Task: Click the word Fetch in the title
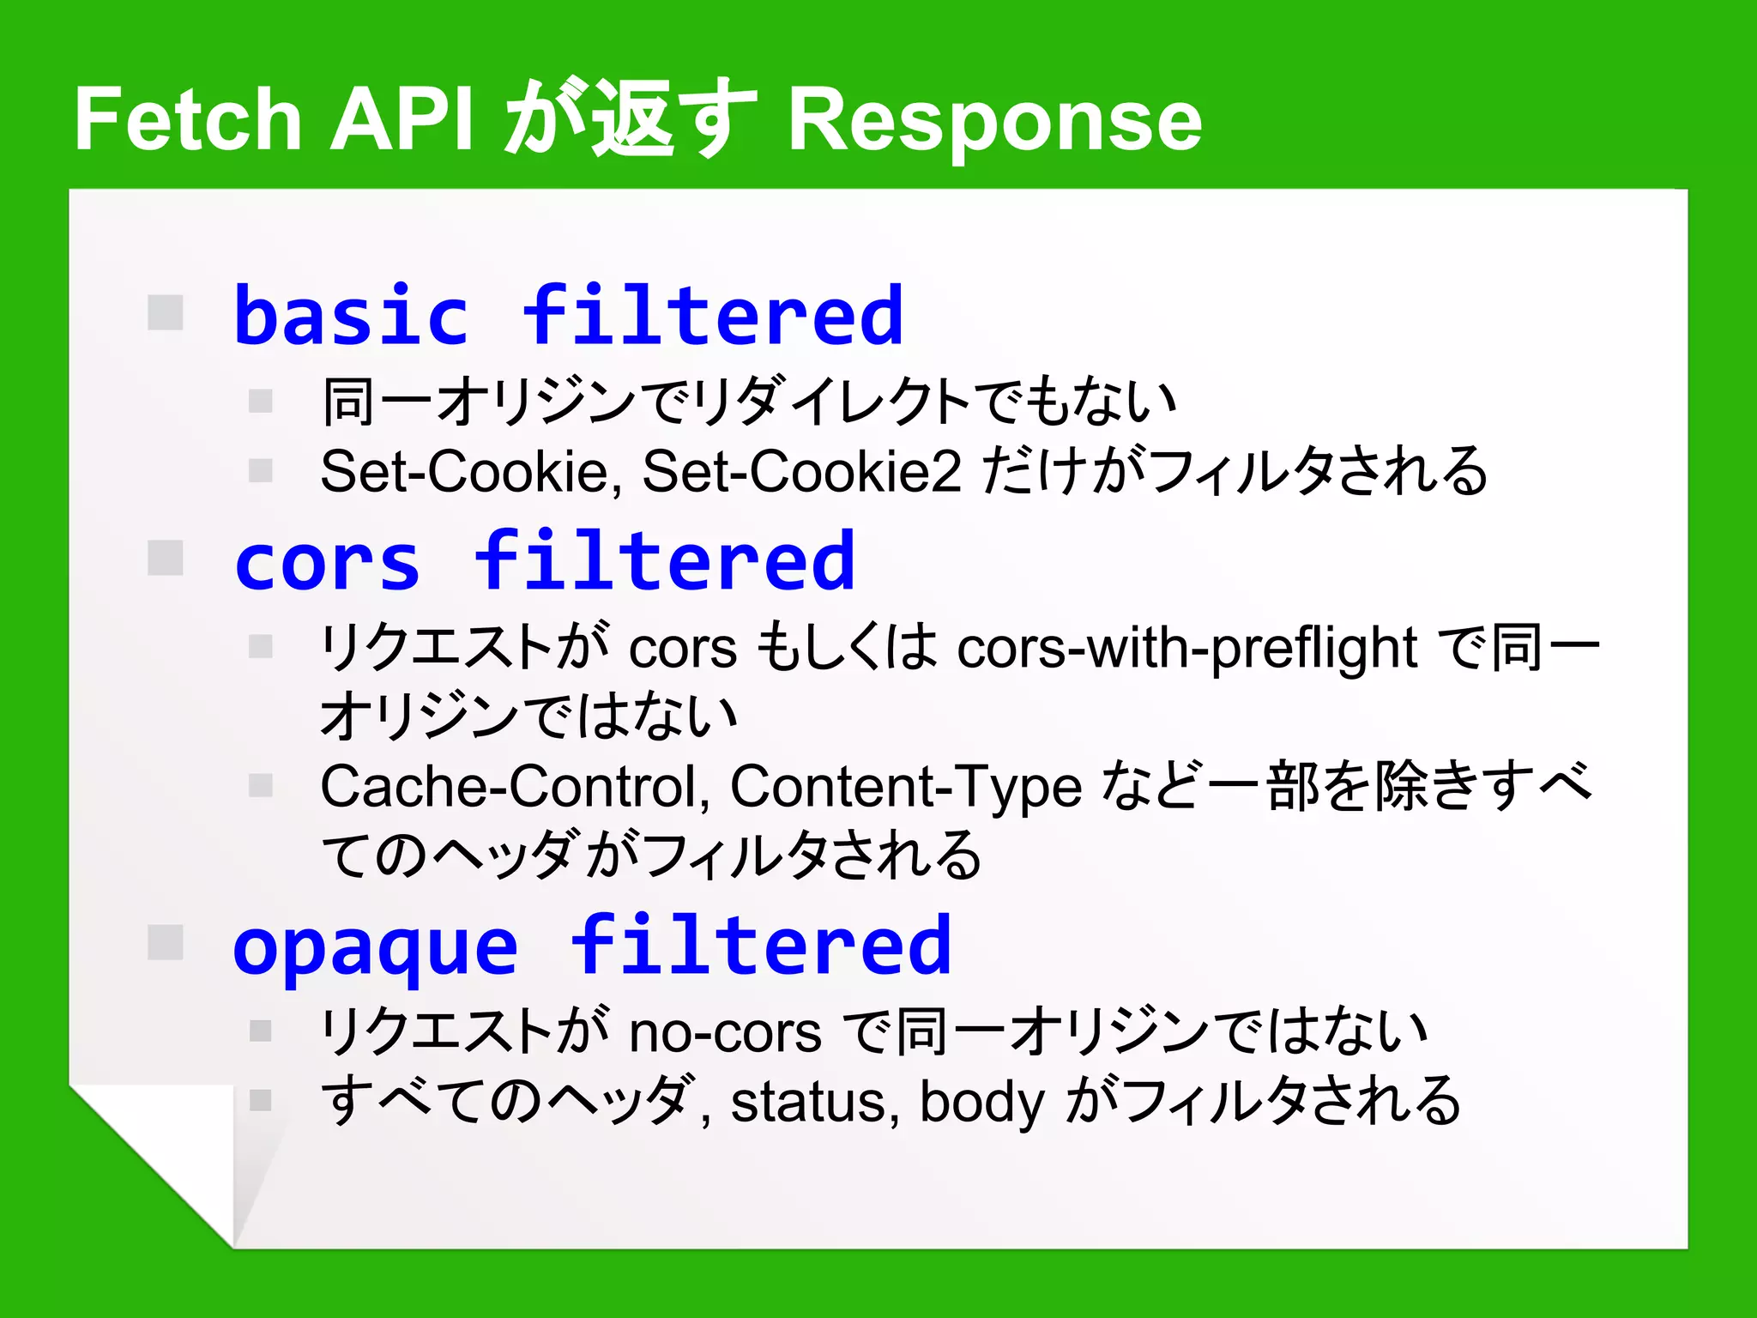point(188,120)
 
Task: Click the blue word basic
point(351,317)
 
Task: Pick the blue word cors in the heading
point(327,563)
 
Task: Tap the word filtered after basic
point(713,317)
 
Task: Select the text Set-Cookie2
point(802,471)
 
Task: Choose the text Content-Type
point(906,786)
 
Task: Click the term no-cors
point(725,1031)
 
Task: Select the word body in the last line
point(982,1102)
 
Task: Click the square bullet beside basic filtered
point(166,312)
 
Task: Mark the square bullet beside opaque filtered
point(166,942)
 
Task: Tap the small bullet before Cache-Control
point(260,785)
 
